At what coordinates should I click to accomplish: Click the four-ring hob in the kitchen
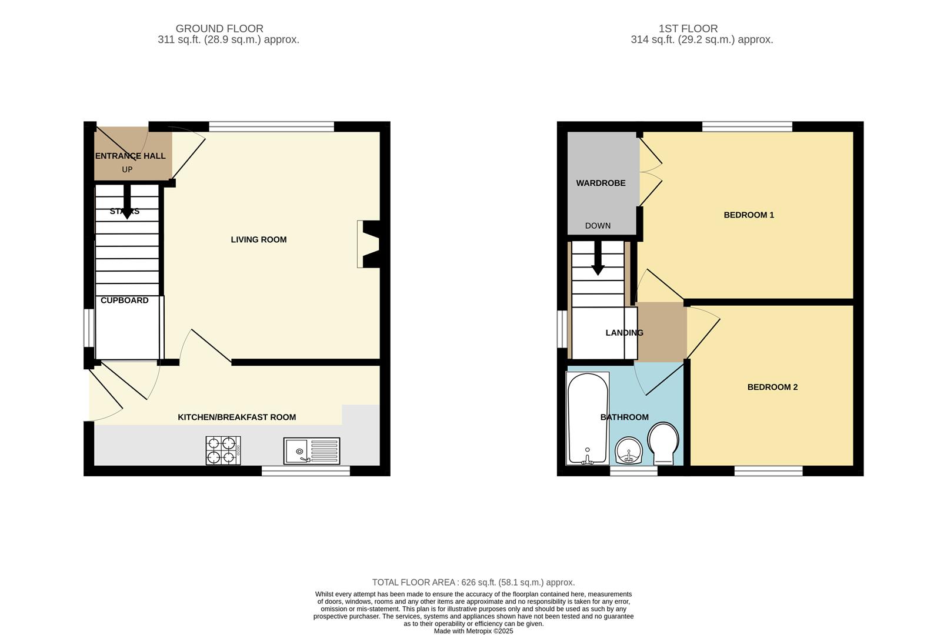[223, 450]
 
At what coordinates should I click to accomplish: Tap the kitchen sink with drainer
[311, 451]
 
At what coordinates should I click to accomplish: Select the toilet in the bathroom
[663, 444]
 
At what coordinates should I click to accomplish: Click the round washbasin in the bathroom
[629, 452]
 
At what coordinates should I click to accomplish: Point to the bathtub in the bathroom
[587, 418]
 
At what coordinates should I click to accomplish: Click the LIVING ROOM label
[258, 239]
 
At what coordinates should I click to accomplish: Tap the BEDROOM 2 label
[772, 387]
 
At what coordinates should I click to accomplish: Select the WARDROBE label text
[601, 183]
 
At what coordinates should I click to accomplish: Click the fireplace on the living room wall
[369, 244]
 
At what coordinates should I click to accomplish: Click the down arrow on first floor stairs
[598, 259]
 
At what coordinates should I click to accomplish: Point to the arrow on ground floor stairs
[126, 202]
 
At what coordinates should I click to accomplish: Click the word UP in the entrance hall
[127, 169]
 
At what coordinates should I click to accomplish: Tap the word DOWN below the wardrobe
[598, 226]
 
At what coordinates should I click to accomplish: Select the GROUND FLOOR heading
[219, 28]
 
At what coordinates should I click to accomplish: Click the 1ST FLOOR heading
[688, 28]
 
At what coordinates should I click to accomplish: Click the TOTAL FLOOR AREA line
[473, 582]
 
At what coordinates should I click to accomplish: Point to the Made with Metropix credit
[473, 631]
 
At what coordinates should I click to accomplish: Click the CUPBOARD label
[124, 300]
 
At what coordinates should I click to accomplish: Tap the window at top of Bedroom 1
[747, 126]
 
